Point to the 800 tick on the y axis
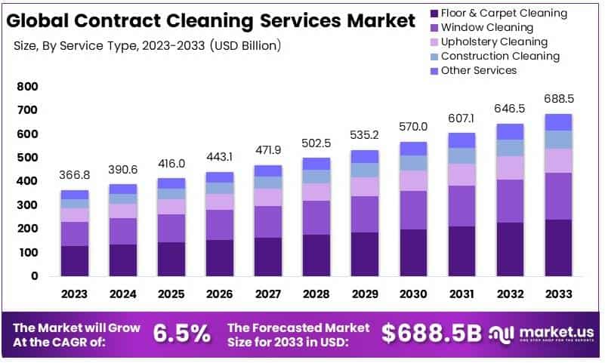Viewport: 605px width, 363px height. pyautogui.click(x=27, y=88)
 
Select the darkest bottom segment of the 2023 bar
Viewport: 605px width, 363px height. pyautogui.click(x=75, y=260)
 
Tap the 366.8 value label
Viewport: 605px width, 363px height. pyautogui.click(x=75, y=174)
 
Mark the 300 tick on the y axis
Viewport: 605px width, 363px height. pyautogui.click(x=27, y=205)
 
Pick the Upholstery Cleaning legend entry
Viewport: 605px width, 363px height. pyautogui.click(x=494, y=42)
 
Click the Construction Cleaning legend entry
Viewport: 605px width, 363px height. pyautogui.click(x=500, y=56)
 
